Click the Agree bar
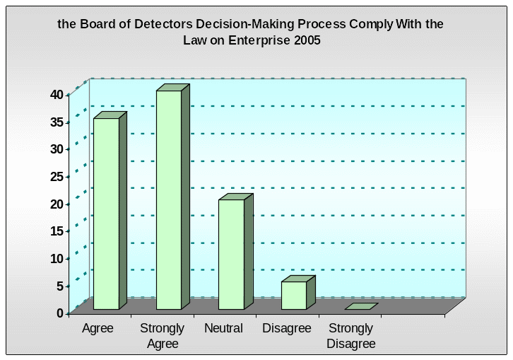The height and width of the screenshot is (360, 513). (107, 212)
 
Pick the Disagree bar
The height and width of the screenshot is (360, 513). (294, 294)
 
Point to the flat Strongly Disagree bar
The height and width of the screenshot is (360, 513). (361, 307)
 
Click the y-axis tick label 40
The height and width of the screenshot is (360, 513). (57, 95)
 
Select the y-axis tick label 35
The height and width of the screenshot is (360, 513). (57, 122)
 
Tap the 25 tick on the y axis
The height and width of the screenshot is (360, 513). (57, 176)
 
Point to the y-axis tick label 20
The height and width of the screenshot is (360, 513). (57, 204)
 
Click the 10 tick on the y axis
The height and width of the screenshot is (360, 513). (57, 258)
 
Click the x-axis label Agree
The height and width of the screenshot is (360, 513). (98, 328)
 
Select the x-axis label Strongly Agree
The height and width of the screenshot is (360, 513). (162, 336)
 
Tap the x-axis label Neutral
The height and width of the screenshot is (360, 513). (223, 328)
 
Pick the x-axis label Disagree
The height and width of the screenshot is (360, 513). (286, 328)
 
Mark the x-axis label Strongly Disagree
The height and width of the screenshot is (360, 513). (350, 336)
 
